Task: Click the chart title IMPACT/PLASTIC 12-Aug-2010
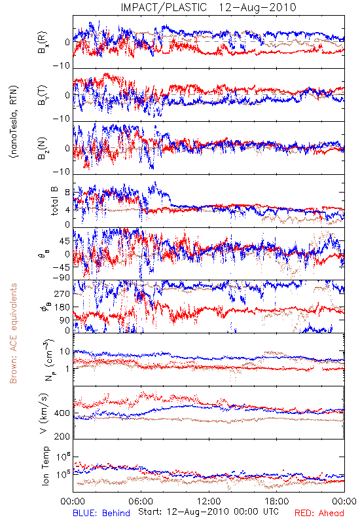[x=208, y=7]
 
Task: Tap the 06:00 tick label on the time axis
[x=141, y=502]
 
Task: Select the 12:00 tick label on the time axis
[x=209, y=502]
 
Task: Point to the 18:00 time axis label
[x=276, y=502]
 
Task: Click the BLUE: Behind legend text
[x=101, y=513]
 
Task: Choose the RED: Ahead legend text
[x=319, y=513]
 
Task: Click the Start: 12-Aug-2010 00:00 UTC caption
[x=208, y=512]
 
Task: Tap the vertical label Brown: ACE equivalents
[x=13, y=333]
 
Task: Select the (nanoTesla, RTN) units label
[x=14, y=121]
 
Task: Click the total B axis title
[x=54, y=201]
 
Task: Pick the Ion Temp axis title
[x=45, y=466]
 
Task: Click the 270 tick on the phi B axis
[x=62, y=293]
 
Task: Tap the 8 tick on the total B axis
[x=67, y=192]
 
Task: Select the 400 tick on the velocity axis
[x=62, y=413]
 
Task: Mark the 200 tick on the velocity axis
[x=62, y=436]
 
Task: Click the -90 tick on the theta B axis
[x=62, y=278]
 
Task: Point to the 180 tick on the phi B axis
[x=62, y=307]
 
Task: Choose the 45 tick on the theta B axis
[x=65, y=241]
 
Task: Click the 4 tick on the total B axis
[x=67, y=210]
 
